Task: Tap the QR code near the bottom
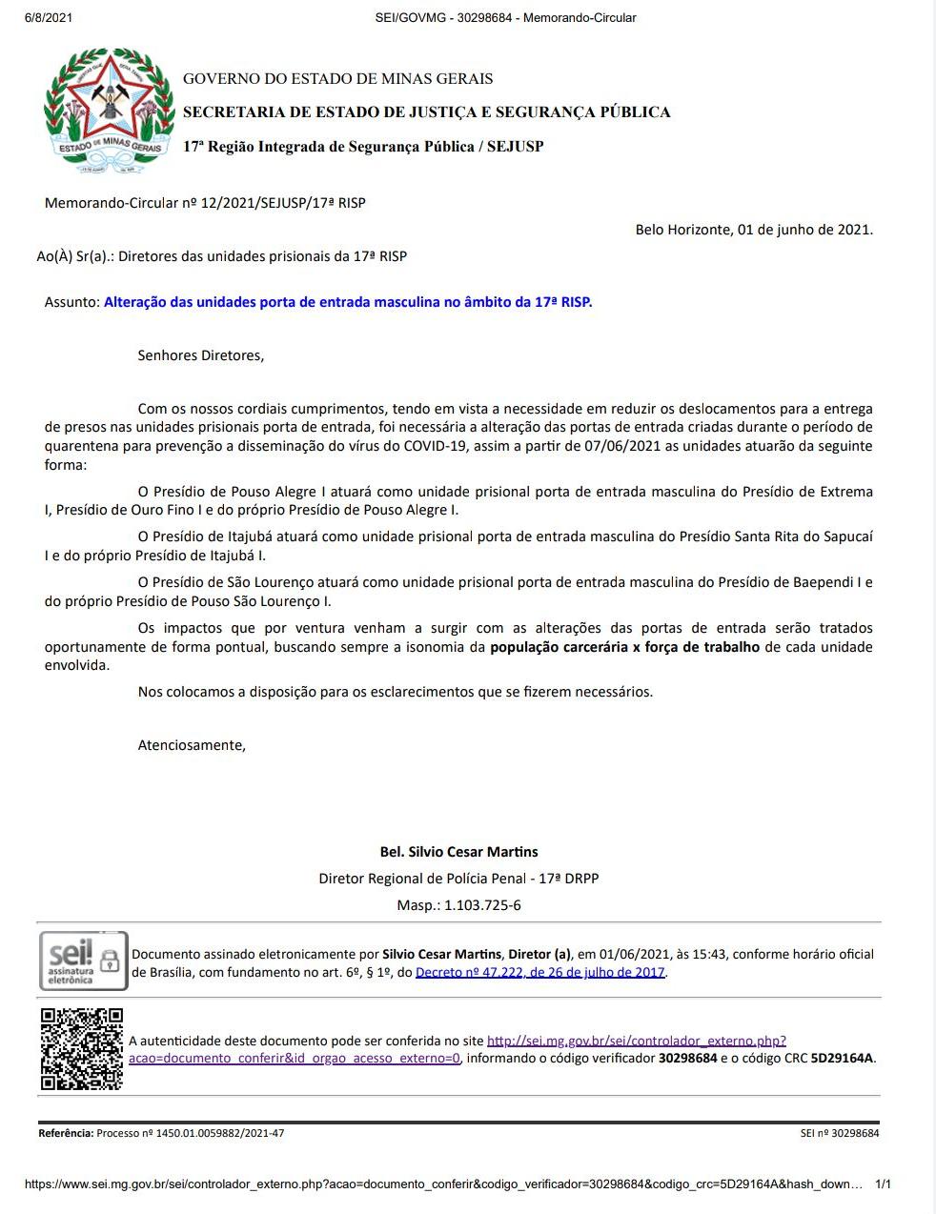[x=82, y=1048]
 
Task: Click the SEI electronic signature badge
[x=82, y=961]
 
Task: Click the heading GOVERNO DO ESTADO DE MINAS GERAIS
[x=337, y=79]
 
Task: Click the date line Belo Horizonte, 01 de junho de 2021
[x=754, y=230]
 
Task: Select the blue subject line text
[x=348, y=302]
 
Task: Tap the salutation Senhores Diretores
[x=201, y=355]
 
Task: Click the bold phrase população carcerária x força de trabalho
[x=624, y=647]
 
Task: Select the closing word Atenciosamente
[x=192, y=745]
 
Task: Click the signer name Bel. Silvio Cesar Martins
[x=458, y=852]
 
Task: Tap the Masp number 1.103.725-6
[x=482, y=905]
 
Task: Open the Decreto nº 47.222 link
[x=540, y=973]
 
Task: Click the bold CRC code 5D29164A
[x=842, y=1058]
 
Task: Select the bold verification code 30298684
[x=687, y=1058]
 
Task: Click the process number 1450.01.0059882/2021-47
[x=218, y=1134]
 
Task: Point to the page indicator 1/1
[x=883, y=1184]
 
